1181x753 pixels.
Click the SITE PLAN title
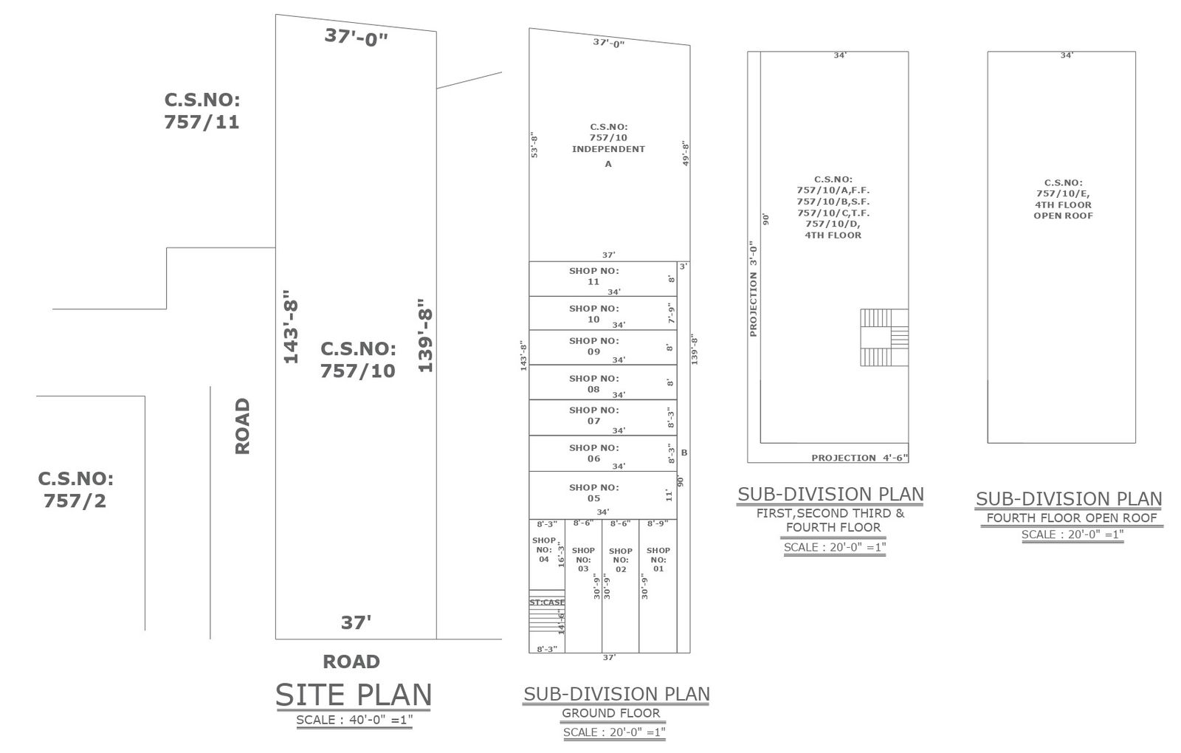tap(354, 695)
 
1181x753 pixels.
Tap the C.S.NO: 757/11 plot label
tap(202, 111)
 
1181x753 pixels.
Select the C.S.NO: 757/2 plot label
tap(75, 489)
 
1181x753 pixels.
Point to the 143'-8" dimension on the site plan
tap(291, 326)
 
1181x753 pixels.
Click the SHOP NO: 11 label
tap(593, 276)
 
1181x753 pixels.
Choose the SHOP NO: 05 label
tap(593, 492)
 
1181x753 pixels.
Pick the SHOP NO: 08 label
tap(593, 383)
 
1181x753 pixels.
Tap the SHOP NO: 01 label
tap(658, 559)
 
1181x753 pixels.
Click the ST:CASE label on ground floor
tap(547, 602)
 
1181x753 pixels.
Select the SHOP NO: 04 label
tap(543, 549)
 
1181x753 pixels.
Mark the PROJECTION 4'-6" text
tap(859, 458)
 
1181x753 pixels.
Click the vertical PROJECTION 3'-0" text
tap(753, 289)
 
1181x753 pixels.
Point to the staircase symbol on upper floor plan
tap(884, 337)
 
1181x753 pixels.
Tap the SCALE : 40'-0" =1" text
tap(354, 720)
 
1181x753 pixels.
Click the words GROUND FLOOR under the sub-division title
tap(610, 713)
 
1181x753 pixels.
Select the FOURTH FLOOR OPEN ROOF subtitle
tap(1071, 518)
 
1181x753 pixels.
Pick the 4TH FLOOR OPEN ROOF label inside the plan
tap(1063, 210)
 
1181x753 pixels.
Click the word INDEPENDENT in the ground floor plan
tap(608, 148)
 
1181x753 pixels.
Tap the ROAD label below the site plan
tap(351, 661)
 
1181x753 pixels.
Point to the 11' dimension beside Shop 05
tap(669, 495)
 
